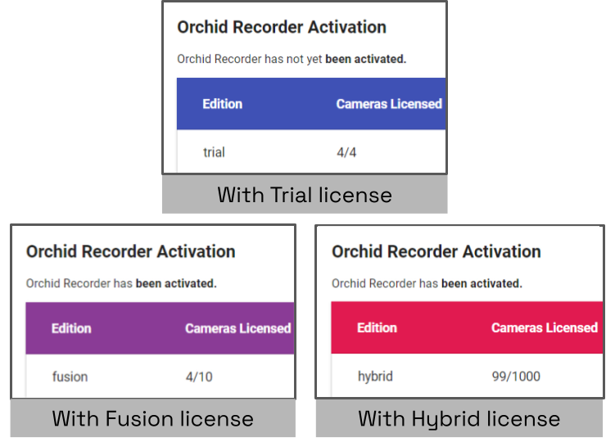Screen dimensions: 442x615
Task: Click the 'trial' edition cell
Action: (x=214, y=152)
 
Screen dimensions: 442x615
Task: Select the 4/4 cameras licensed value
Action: (x=346, y=152)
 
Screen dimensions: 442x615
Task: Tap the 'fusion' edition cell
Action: (x=70, y=377)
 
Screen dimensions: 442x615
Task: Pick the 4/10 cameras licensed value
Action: (x=198, y=377)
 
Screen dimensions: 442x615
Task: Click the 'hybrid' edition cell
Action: (x=375, y=377)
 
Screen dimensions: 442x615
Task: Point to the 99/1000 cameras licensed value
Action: (x=516, y=377)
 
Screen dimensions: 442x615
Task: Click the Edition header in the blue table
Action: (x=223, y=104)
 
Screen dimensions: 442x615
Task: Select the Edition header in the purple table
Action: (x=71, y=328)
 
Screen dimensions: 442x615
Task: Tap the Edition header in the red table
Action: (x=377, y=327)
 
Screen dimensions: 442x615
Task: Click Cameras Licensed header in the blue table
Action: (x=389, y=104)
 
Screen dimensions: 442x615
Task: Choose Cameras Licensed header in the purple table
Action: (x=237, y=328)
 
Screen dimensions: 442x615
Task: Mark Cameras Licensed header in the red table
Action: (x=545, y=327)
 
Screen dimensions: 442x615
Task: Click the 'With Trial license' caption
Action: (x=305, y=195)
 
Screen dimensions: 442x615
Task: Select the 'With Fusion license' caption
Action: (x=153, y=419)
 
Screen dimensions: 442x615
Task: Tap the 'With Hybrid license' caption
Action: (x=459, y=419)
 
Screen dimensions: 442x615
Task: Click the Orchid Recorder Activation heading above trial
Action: (x=282, y=27)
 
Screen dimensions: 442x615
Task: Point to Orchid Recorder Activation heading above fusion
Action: (x=131, y=251)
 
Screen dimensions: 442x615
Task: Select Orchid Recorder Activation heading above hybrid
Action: (x=436, y=251)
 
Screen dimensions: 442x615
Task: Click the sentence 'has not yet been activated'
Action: (x=292, y=59)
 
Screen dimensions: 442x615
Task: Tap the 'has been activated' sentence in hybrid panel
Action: (x=427, y=283)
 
